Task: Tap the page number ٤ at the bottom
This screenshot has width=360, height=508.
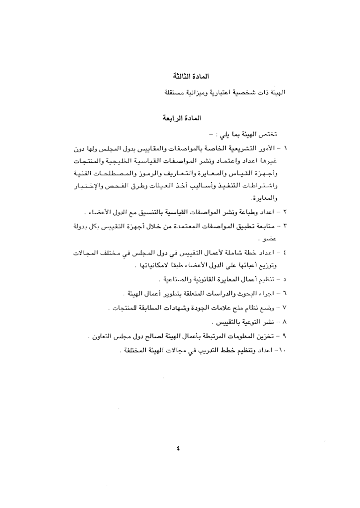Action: coord(180,447)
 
